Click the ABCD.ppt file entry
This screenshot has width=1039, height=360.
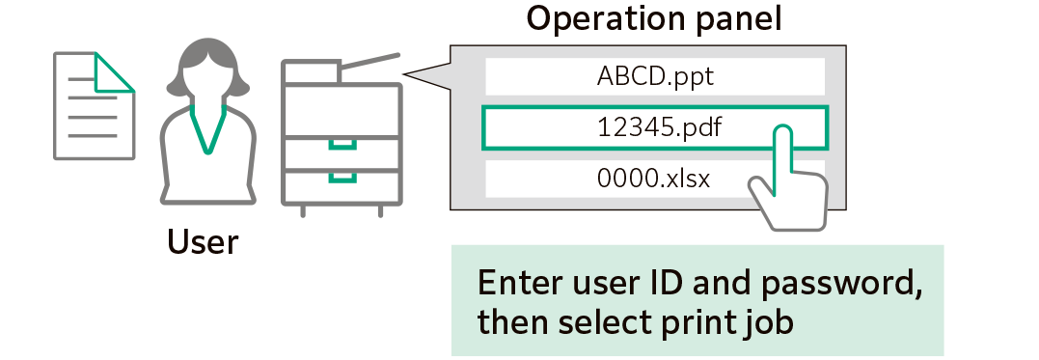(654, 76)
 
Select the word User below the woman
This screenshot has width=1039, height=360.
(203, 241)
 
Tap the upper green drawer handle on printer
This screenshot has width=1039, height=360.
(342, 146)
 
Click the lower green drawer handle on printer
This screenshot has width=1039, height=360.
(342, 177)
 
